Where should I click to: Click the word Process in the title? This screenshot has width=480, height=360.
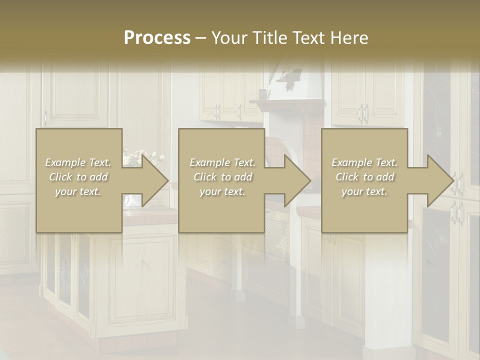(x=157, y=38)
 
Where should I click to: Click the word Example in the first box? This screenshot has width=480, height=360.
(x=65, y=162)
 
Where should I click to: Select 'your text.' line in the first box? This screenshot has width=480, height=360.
(x=78, y=191)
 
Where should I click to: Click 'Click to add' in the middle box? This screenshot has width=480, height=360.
(x=222, y=177)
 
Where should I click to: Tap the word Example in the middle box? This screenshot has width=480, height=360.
(x=209, y=162)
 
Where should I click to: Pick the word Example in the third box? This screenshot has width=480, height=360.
(x=351, y=162)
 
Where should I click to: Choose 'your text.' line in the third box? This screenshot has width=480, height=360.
(x=364, y=191)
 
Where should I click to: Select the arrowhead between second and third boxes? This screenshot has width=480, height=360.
(x=297, y=180)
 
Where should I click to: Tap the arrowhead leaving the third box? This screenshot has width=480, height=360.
(x=440, y=180)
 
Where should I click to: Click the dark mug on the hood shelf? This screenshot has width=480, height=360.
(x=262, y=94)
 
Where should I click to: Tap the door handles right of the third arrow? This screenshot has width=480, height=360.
(x=458, y=184)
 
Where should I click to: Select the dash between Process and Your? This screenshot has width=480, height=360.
(x=201, y=38)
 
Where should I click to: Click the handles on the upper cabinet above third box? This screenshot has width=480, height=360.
(x=363, y=113)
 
